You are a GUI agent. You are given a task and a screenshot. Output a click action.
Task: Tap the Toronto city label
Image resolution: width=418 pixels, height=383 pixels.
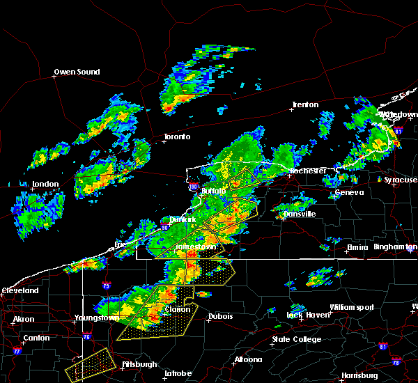click(x=177, y=136)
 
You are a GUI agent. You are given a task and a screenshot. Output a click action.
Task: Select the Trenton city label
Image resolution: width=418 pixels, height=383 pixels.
click(x=305, y=104)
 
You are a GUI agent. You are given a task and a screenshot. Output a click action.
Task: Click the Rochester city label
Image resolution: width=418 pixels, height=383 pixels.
click(x=307, y=171)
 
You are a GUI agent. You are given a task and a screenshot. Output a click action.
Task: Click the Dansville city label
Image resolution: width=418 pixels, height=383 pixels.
click(x=300, y=214)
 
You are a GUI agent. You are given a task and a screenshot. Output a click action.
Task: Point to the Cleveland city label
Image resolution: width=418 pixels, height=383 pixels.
click(x=19, y=290)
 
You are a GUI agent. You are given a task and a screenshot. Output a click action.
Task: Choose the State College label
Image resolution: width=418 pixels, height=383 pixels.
click(x=296, y=339)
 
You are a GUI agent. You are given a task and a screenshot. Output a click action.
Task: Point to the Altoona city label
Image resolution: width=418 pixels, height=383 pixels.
click(x=248, y=359)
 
